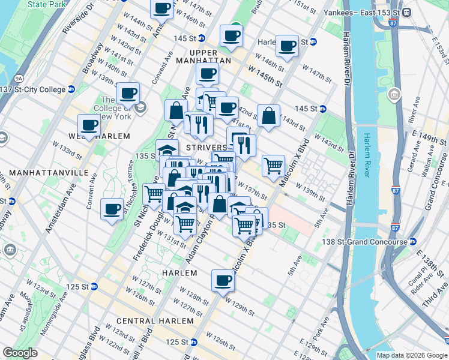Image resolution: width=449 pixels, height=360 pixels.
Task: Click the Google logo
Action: [x=20, y=352]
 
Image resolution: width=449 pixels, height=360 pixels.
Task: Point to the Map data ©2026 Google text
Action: [x=411, y=355]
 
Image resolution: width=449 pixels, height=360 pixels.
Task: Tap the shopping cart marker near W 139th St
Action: [x=274, y=164]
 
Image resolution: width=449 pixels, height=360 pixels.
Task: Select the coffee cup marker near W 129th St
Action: [x=223, y=280]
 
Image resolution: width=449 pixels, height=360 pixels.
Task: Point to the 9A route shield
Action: [x=19, y=78]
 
